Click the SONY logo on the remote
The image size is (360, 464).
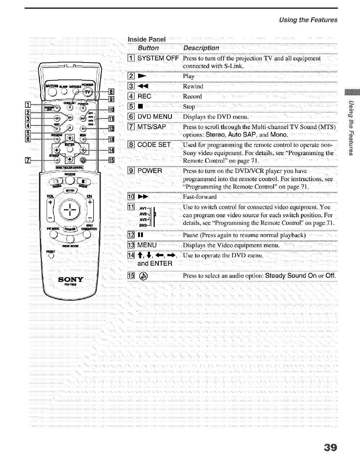(x=71, y=279)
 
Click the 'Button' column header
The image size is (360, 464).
(x=148, y=48)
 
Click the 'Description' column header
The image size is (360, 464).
(x=201, y=48)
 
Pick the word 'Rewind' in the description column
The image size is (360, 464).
(x=193, y=86)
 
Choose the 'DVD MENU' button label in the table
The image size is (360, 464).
(x=155, y=117)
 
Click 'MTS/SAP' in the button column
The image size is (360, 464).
(x=152, y=127)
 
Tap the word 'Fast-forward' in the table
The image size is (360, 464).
(x=200, y=197)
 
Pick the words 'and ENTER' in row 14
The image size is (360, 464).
(x=155, y=263)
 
